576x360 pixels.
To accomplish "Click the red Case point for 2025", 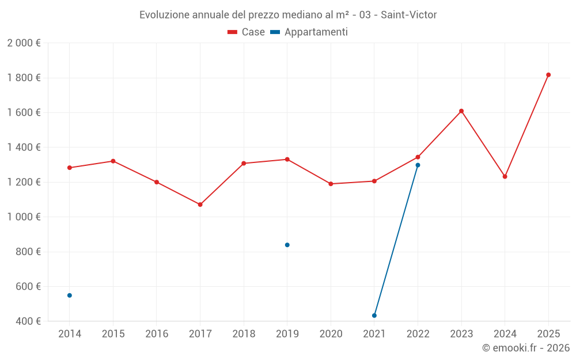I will pyautogui.click(x=548, y=75).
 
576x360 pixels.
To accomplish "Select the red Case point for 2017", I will pyautogui.click(x=200, y=204).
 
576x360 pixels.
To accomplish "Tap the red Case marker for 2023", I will pyautogui.click(x=461, y=111).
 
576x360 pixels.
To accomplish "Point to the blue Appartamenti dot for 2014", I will pyautogui.click(x=70, y=295).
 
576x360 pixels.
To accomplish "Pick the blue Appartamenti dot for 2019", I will pyautogui.click(x=287, y=245).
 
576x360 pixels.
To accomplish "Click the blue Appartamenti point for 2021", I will pyautogui.click(x=374, y=316).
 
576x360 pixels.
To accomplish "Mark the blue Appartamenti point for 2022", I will pyautogui.click(x=418, y=165).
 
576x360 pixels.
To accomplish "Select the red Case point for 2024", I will pyautogui.click(x=505, y=176).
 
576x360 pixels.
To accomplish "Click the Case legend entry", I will pyautogui.click(x=247, y=32).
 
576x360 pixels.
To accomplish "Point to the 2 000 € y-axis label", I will pyautogui.click(x=24, y=43).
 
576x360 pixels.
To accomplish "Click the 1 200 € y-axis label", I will pyautogui.click(x=24, y=182).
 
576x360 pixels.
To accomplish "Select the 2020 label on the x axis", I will pyautogui.click(x=331, y=334).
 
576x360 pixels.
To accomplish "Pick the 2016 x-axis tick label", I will pyautogui.click(x=157, y=334).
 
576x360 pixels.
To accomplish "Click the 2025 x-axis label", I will pyautogui.click(x=548, y=334).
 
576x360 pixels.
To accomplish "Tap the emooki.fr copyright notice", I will pyautogui.click(x=525, y=348).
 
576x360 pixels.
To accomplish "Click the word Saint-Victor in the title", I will pyautogui.click(x=408, y=14).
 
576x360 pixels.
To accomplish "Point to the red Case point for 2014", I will pyautogui.click(x=70, y=168).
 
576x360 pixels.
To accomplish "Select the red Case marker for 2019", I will pyautogui.click(x=287, y=159).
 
